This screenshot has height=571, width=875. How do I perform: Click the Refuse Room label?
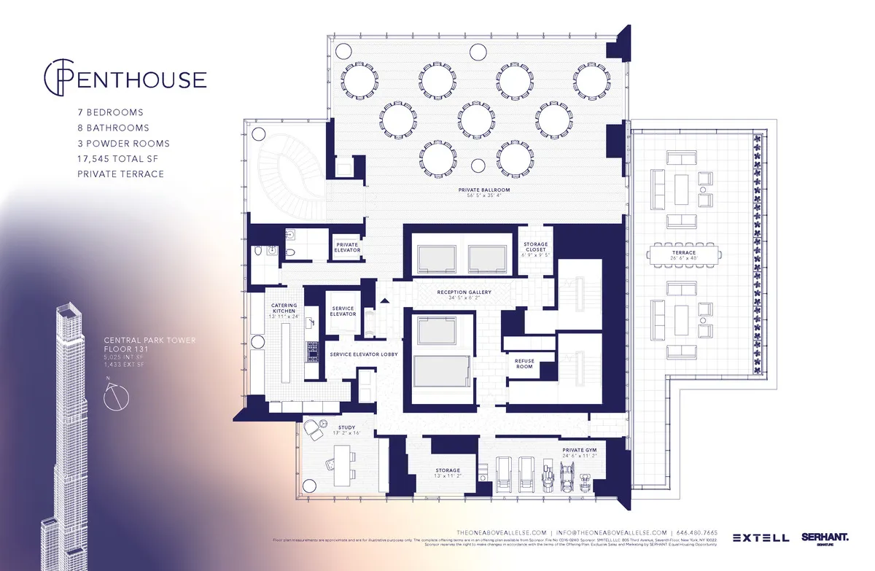[524, 363]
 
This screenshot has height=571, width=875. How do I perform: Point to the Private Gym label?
[579, 453]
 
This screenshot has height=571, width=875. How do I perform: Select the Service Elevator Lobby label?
[363, 354]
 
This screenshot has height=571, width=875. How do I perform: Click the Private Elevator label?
[347, 247]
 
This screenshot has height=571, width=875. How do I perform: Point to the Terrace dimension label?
[684, 258]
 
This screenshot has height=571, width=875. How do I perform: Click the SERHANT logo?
[825, 537]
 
